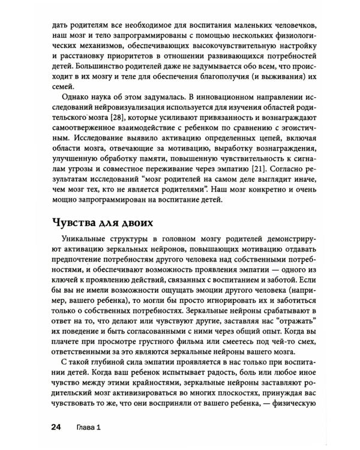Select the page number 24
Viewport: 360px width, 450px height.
tap(52, 427)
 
